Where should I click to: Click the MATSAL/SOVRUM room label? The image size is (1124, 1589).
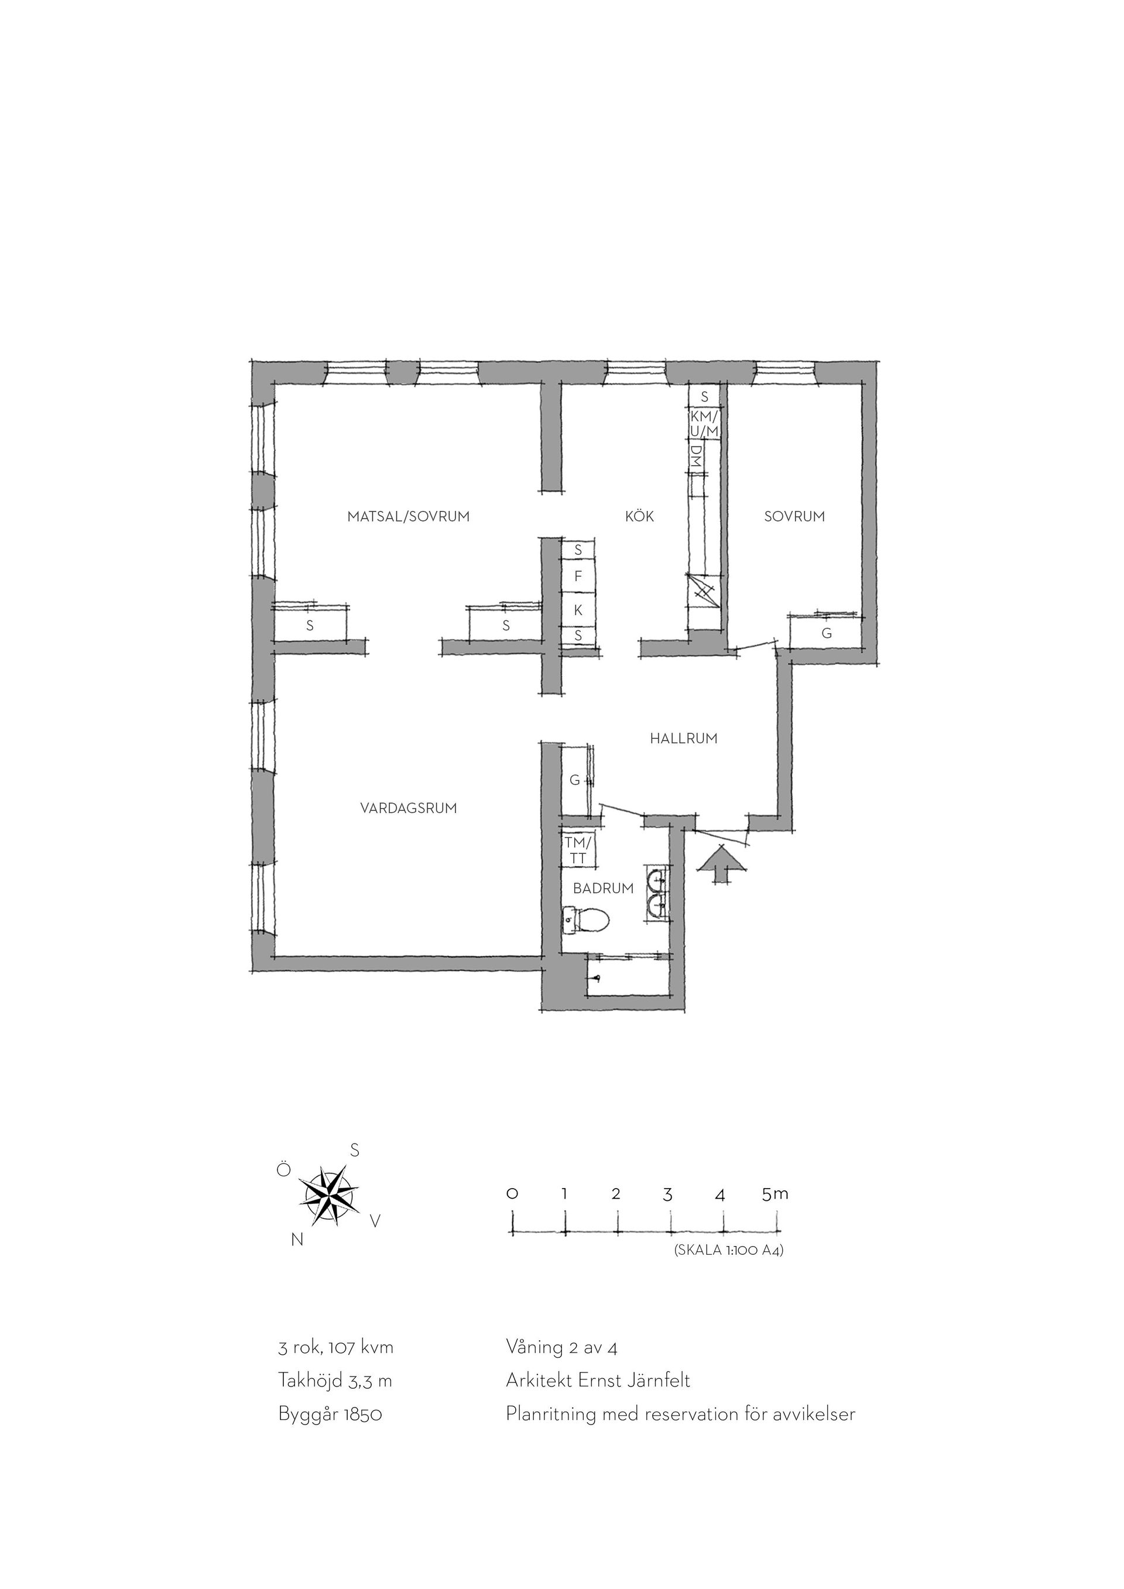pos(409,516)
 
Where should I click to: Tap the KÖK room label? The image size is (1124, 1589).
pos(639,516)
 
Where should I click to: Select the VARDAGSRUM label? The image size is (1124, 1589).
pos(409,808)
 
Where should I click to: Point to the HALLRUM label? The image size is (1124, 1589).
pos(684,739)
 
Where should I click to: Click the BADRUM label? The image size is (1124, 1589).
pos(604,888)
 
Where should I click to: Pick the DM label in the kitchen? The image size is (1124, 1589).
pos(696,455)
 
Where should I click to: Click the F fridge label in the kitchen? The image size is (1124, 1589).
pos(578,576)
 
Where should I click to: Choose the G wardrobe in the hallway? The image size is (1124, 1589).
pos(574,781)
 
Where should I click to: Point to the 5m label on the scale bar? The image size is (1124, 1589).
pos(775,1194)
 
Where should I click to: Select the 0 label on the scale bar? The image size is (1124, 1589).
pos(512,1194)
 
